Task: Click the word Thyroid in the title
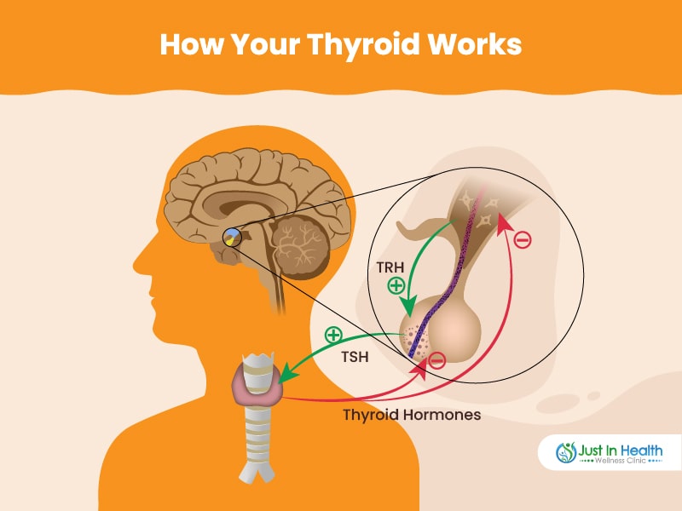click(363, 45)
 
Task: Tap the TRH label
click(390, 267)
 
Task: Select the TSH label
click(355, 357)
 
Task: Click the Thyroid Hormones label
click(412, 415)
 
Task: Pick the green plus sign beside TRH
click(396, 286)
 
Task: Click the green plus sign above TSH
click(333, 335)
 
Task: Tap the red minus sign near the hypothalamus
click(523, 239)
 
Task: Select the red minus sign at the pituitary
click(436, 360)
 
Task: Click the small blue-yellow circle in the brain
click(232, 238)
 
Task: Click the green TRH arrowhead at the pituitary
click(408, 307)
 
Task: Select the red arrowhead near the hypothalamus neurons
click(504, 221)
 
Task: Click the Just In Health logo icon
click(566, 452)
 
